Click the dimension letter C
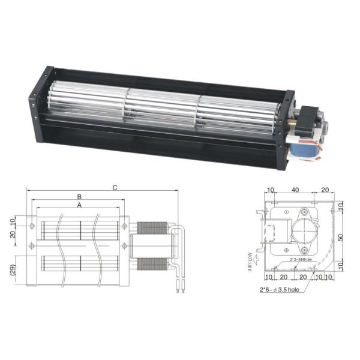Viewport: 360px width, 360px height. pos(115,188)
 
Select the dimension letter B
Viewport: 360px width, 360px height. pos(79,197)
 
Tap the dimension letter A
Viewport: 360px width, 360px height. pos(79,205)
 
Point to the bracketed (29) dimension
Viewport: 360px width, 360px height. pos(13,269)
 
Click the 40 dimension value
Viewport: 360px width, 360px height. pos(295,190)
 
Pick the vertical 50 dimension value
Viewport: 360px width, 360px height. pos(341,238)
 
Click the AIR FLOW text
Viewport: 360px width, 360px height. pos(250,262)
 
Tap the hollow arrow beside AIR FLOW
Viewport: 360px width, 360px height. pos(257,259)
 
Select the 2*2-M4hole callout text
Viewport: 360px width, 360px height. pos(301,260)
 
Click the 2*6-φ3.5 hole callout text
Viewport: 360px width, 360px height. pos(280,290)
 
